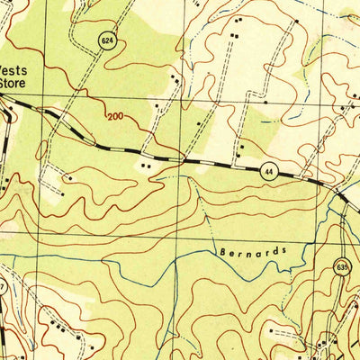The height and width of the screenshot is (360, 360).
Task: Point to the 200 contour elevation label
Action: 114,117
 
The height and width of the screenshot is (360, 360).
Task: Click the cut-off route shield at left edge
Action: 3,286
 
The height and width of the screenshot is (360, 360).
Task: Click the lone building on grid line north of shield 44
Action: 265,103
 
